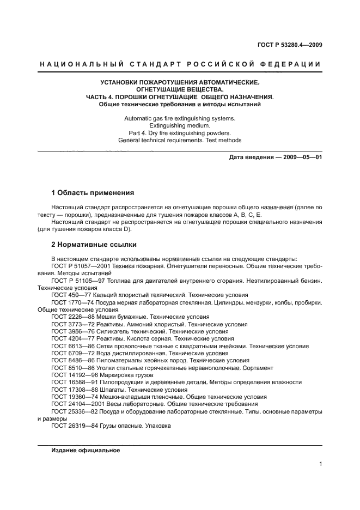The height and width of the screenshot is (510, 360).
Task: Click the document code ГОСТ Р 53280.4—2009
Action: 289,45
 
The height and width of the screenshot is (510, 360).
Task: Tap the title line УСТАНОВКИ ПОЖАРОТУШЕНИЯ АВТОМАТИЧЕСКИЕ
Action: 180,82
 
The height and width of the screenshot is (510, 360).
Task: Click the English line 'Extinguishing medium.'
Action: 180,125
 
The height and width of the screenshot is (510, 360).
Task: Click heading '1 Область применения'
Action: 92,193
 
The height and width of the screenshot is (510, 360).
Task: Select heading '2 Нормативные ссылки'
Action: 94,245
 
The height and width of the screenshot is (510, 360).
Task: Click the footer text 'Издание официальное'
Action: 86,451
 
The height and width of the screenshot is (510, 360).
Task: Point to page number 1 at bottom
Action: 320,464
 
